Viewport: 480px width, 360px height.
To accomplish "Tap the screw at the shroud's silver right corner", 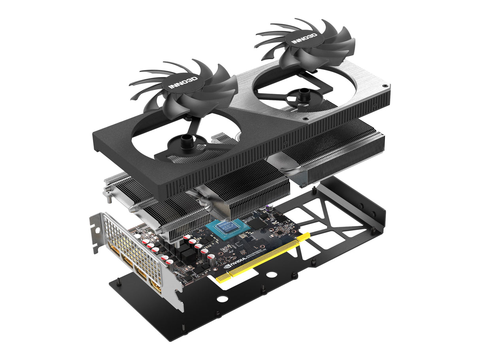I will [383, 86].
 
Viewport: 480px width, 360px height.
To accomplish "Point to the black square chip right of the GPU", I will [257, 223].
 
